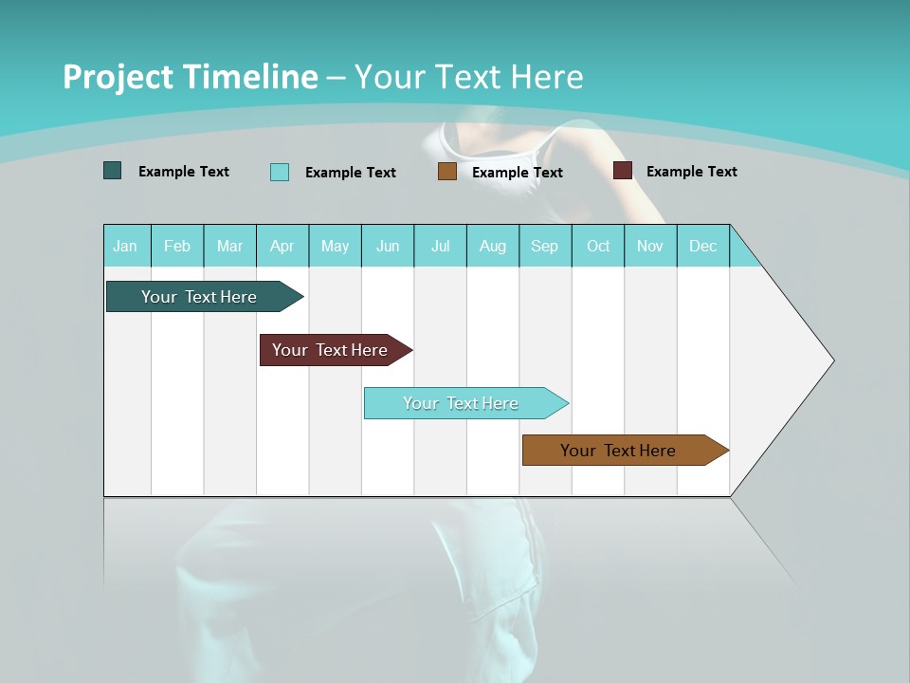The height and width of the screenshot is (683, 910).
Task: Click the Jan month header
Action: click(126, 246)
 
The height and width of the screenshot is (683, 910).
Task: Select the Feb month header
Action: click(177, 246)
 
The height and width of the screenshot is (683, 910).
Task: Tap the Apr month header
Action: click(282, 246)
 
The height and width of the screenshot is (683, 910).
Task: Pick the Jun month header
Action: click(388, 246)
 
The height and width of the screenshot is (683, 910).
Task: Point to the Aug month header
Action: click(493, 246)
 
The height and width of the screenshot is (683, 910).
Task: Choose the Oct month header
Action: click(598, 246)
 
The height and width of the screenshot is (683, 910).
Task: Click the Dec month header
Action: click(703, 246)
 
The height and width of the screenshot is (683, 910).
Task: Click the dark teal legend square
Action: click(112, 171)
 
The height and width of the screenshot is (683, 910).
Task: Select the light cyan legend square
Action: click(279, 172)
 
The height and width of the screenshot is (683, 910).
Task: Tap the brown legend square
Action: click(447, 172)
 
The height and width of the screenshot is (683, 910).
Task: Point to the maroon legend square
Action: click(623, 171)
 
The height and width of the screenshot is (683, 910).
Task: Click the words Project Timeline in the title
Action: click(190, 77)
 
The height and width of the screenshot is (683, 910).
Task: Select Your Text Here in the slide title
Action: click(468, 77)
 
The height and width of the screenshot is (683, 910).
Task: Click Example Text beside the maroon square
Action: click(691, 171)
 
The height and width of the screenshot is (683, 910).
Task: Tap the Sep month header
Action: click(544, 246)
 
